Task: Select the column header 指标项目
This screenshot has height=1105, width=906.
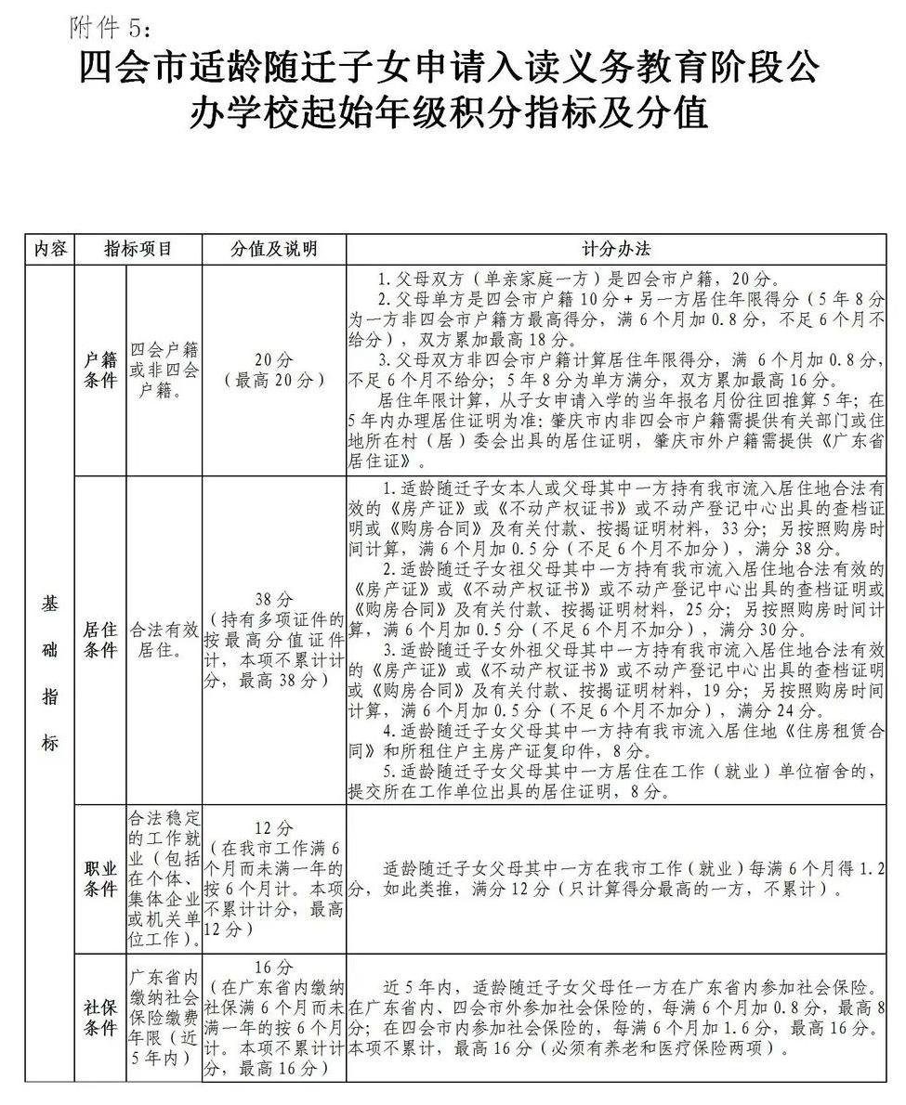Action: coord(138,249)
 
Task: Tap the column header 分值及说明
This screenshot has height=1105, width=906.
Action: coord(273,249)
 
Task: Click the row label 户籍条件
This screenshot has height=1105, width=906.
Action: coord(101,370)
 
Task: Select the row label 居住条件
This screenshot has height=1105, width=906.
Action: coord(101,640)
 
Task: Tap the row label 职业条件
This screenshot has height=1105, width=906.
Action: coord(101,877)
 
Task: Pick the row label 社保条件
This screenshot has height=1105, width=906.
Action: coord(101,1017)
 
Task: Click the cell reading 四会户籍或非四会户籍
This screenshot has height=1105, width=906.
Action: coord(164,370)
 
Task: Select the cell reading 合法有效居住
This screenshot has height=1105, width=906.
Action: coord(164,640)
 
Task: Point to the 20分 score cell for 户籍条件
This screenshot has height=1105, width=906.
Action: coord(273,370)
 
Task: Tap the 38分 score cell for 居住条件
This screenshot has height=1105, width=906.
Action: coord(273,640)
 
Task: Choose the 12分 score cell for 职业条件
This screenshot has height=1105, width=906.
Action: coord(273,877)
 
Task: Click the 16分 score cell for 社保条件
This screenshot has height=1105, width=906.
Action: coord(273,1017)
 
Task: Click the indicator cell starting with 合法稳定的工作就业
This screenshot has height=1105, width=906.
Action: coord(164,877)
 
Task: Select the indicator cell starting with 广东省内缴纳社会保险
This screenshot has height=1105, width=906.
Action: coord(164,1017)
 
